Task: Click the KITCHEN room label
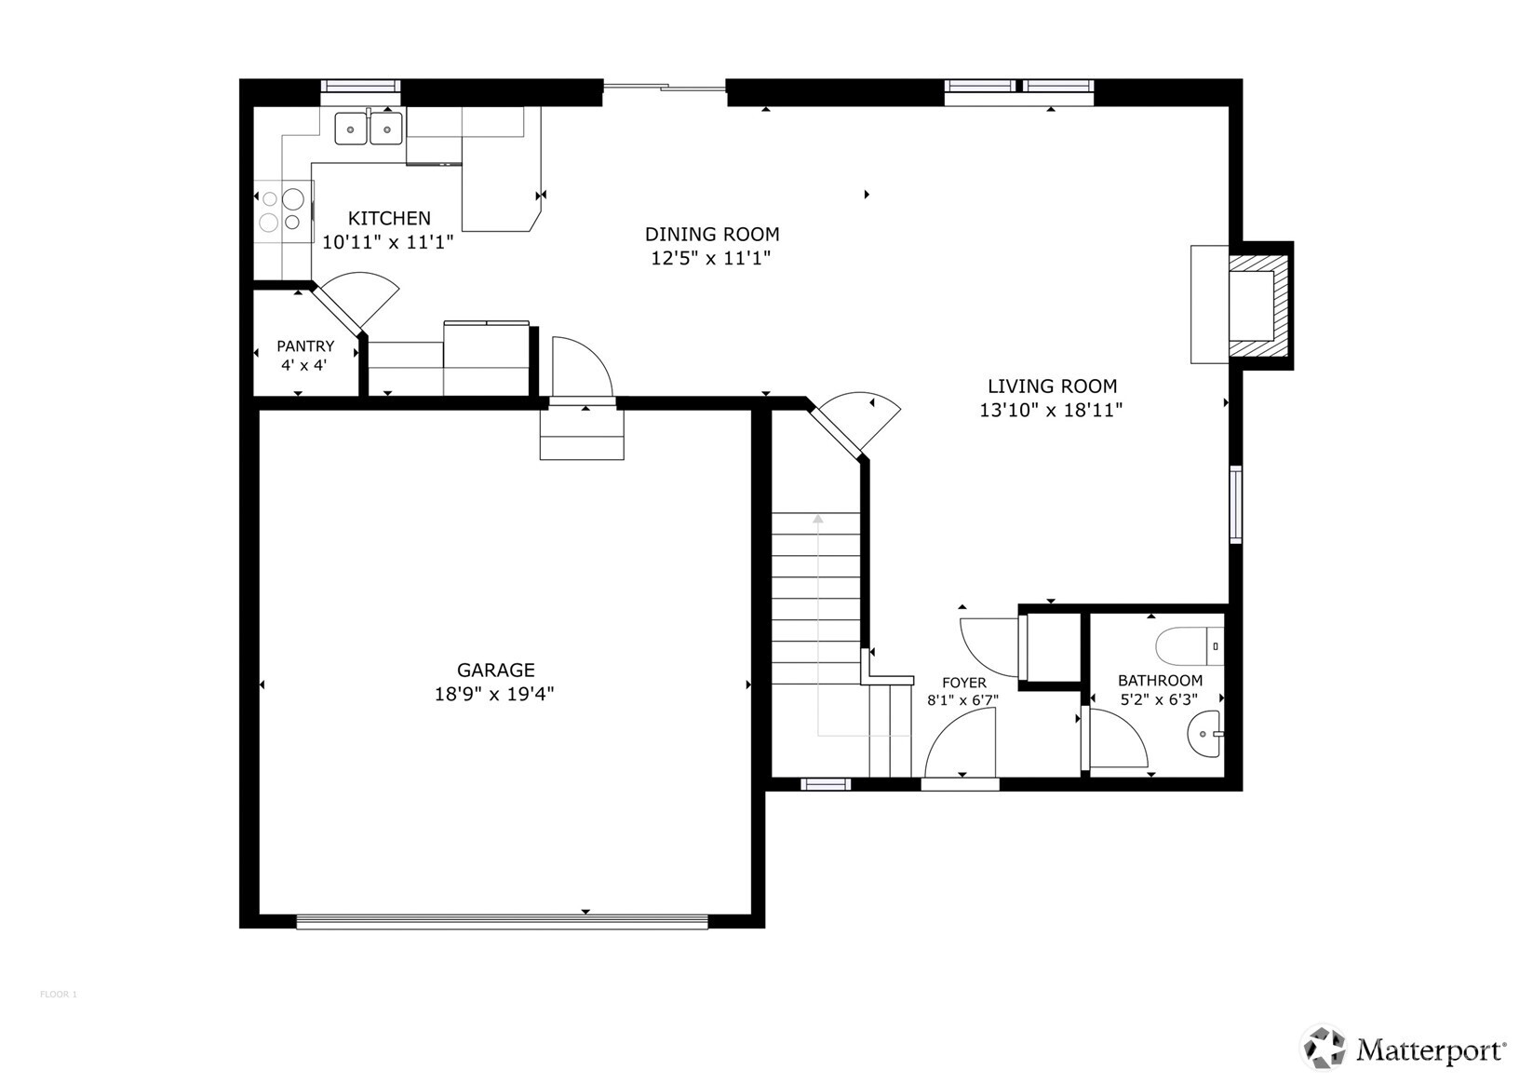tap(389, 218)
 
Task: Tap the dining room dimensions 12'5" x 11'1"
tap(711, 258)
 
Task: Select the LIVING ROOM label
tap(1052, 386)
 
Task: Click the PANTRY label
tap(305, 346)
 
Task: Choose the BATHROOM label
tap(1160, 681)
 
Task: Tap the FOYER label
tap(963, 684)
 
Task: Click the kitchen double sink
tap(369, 127)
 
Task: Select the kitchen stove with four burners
tap(282, 210)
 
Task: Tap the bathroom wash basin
tap(1205, 734)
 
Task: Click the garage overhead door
tap(502, 922)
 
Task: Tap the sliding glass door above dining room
tap(664, 88)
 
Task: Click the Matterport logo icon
tap(1324, 1049)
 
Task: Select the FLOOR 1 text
tap(58, 995)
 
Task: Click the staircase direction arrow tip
tap(818, 517)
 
